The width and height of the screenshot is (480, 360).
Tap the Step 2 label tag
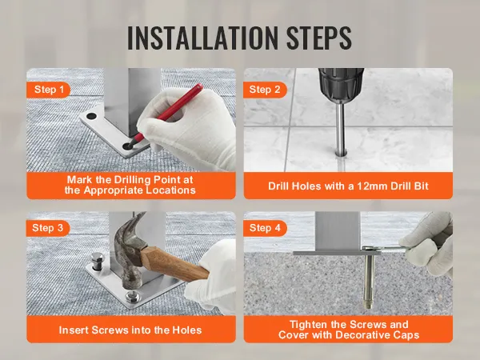click(266, 90)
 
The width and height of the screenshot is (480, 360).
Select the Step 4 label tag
click(266, 229)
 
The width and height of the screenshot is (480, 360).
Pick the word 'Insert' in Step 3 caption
click(76, 329)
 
